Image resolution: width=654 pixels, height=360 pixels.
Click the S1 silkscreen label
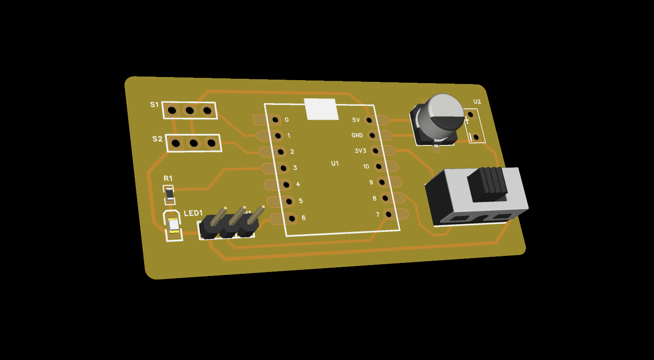coord(154,104)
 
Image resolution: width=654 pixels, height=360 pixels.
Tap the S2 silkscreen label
coord(157,139)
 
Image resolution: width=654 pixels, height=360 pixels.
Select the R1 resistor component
coord(169,195)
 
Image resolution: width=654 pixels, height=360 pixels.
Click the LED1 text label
coord(193,213)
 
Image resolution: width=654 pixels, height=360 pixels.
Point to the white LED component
coord(173,225)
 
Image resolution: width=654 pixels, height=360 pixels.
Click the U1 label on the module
coord(334,163)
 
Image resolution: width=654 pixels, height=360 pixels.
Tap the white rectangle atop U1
coord(322,109)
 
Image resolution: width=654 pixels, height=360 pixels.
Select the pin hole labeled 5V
coord(369,120)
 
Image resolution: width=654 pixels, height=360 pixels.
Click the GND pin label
coord(357,135)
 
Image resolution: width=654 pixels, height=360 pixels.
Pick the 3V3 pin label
coord(360,151)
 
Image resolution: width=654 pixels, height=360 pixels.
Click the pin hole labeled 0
coord(275,120)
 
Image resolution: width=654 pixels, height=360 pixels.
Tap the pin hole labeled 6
coord(292,218)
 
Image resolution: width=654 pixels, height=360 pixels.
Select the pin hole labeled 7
coord(388,214)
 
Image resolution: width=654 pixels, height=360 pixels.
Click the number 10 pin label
coord(366,166)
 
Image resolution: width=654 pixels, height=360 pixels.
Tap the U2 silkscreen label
coord(477,101)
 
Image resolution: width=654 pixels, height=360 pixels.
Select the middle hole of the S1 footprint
coord(189,111)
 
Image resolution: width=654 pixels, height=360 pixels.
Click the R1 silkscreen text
coord(168,178)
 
